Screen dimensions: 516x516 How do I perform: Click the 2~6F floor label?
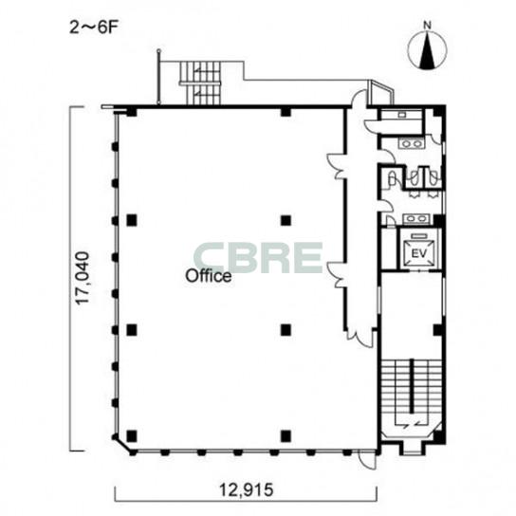coord(94,28)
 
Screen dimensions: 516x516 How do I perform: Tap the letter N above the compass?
coord(427,25)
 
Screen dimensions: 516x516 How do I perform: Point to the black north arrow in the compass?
coord(427,50)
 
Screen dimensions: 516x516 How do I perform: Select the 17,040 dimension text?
coord(83,278)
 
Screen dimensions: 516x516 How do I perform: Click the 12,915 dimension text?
coord(247,490)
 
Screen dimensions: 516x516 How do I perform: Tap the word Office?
coord(209,276)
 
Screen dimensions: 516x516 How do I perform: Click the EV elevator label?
coord(419,253)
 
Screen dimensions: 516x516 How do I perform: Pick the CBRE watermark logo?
coord(258,258)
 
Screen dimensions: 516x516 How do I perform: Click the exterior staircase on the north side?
coord(199,83)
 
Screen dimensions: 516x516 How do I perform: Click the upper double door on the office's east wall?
coord(336,166)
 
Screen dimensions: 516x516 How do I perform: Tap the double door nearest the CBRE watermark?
coord(336,275)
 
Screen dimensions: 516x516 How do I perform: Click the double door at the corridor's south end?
coord(360,338)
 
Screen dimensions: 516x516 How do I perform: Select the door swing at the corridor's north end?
coord(358,99)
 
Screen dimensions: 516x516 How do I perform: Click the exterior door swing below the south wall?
coord(366,460)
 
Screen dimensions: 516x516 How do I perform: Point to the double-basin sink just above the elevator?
coord(416,218)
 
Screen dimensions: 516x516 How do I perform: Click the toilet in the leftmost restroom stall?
coord(392,179)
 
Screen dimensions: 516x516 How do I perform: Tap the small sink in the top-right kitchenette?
coord(402,115)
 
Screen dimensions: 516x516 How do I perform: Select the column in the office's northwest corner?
coord(132,112)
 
